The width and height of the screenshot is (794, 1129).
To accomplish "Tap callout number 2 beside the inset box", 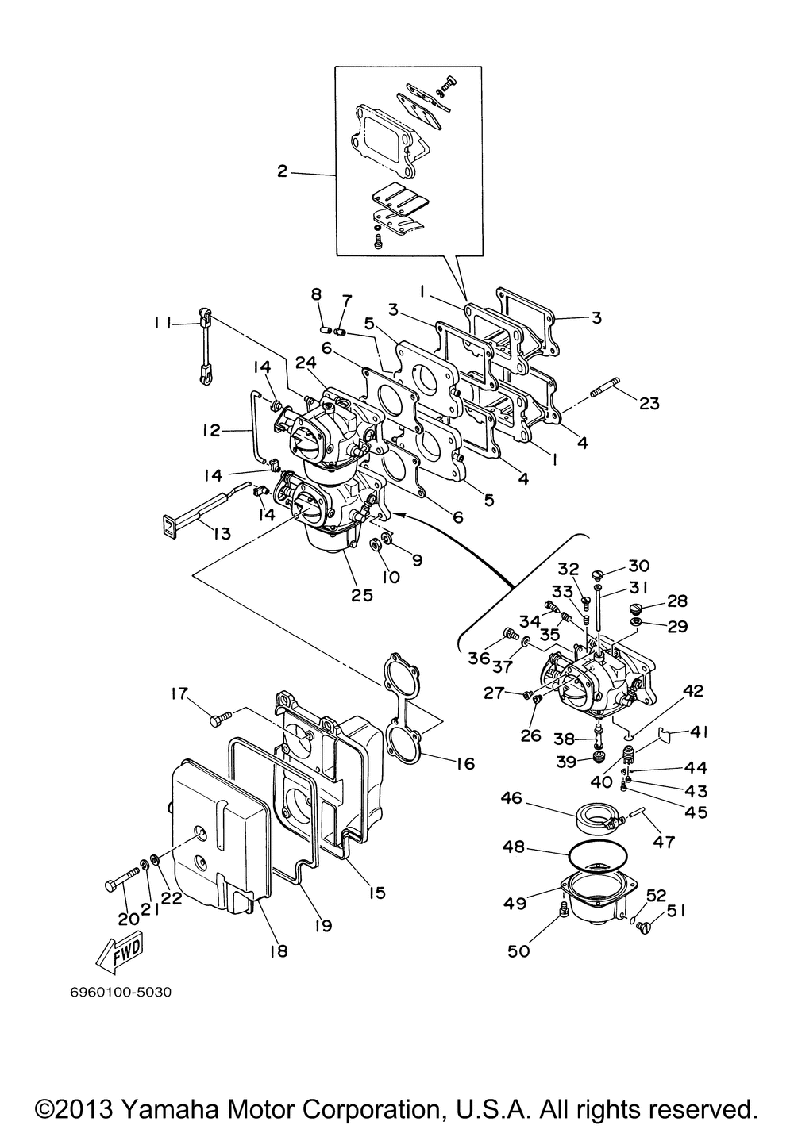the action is tap(282, 171).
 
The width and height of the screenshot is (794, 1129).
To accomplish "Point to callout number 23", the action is tap(649, 403).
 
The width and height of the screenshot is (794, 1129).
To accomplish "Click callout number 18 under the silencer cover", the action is tap(278, 950).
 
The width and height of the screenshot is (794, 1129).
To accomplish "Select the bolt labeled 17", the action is tap(220, 718).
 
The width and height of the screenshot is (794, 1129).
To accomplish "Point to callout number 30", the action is tap(638, 566).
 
